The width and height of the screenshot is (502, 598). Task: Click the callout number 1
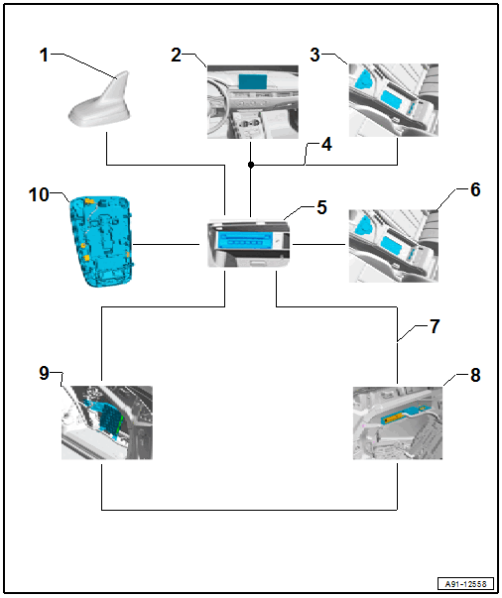(x=44, y=55)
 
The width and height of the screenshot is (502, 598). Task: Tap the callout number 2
(x=176, y=55)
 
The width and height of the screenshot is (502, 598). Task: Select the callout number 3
(x=314, y=55)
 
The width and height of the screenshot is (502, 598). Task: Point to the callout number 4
(x=326, y=145)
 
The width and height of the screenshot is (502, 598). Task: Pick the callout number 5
(x=322, y=207)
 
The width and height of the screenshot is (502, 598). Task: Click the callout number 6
(x=475, y=189)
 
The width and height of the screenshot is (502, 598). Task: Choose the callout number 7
(x=435, y=326)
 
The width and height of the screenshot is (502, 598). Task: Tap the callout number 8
(x=475, y=375)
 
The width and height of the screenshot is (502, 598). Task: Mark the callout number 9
(x=44, y=373)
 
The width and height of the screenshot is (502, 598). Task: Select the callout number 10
(x=39, y=194)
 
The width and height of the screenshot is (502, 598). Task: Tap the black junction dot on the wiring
(x=251, y=165)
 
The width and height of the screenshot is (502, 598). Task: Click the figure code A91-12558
(x=465, y=584)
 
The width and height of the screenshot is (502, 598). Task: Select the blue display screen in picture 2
(x=253, y=82)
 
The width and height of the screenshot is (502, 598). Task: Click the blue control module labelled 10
(x=102, y=241)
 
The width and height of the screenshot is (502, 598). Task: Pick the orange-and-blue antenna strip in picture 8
(x=404, y=415)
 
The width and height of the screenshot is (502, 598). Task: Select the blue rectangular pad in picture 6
(x=392, y=246)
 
